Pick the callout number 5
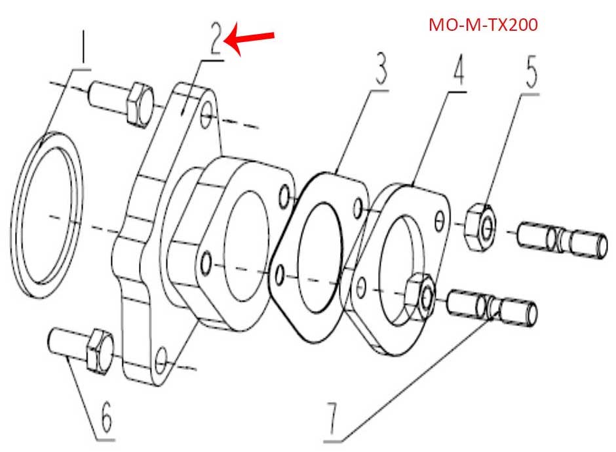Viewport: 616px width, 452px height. (530, 72)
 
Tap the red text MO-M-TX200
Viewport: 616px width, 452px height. (483, 26)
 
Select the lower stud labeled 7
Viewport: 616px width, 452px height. (491, 308)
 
